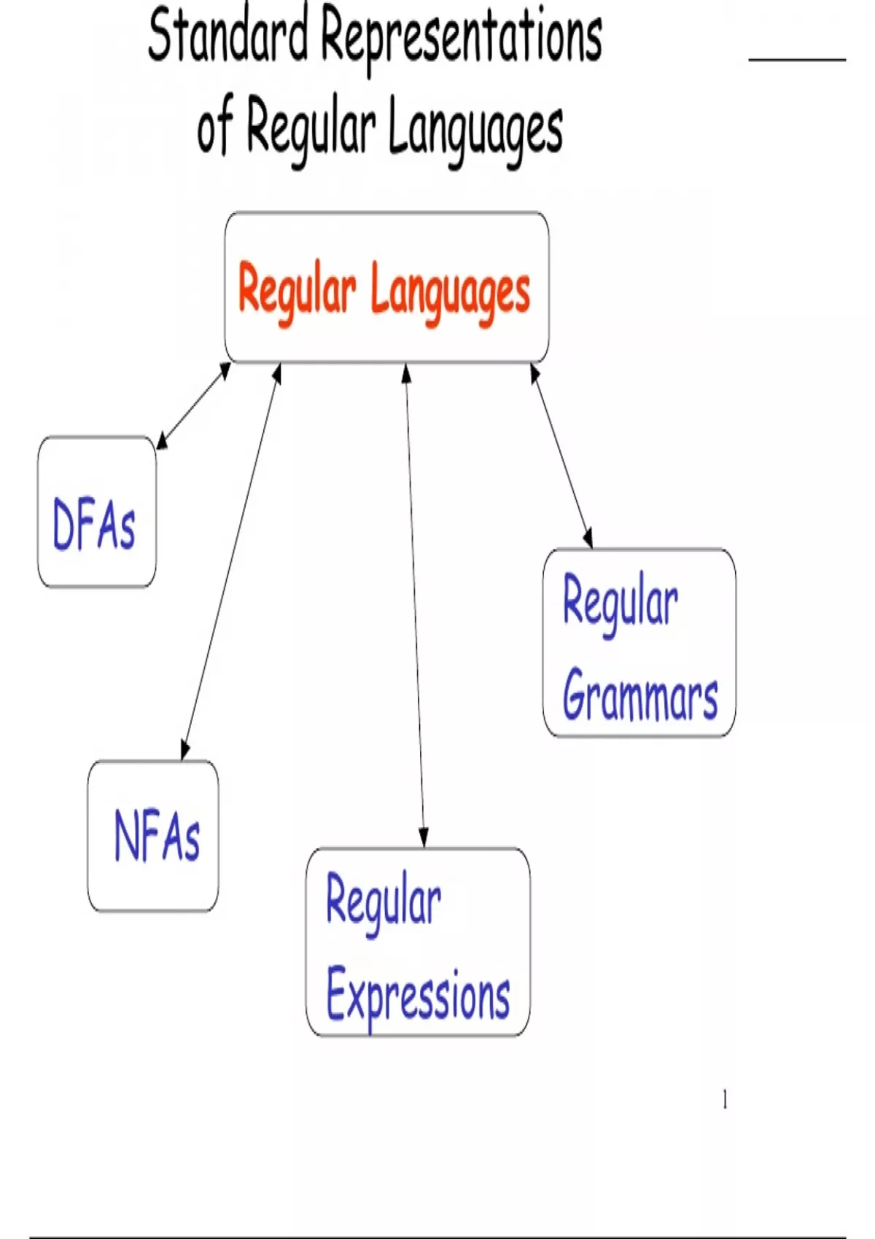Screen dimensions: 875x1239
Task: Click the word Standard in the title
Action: coord(228,36)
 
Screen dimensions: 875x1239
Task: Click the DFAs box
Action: coord(97,511)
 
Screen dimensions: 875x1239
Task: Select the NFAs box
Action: coord(153,835)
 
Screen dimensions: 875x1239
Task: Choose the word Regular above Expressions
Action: coord(384,904)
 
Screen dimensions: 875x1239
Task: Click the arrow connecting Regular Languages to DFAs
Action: coord(193,405)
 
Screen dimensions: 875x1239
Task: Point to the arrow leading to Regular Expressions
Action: coord(415,606)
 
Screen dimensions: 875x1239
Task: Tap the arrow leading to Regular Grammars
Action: coord(561,456)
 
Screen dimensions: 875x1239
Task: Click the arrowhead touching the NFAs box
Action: coord(184,751)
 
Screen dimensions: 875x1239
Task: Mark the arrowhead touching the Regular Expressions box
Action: coord(424,839)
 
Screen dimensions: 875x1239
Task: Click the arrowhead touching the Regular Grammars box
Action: coord(588,538)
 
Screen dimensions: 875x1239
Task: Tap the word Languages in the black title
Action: coord(476,130)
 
